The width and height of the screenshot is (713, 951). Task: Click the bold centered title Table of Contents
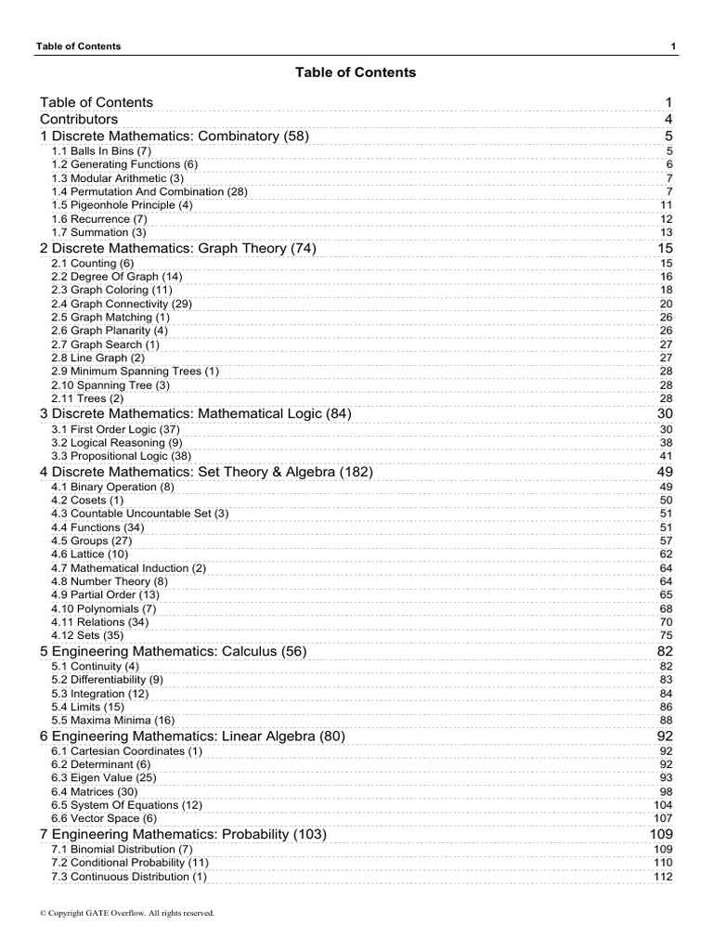pyautogui.click(x=356, y=72)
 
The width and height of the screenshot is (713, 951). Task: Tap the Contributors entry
pyautogui.click(x=79, y=119)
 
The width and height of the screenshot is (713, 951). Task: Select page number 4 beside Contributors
pyautogui.click(x=668, y=119)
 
